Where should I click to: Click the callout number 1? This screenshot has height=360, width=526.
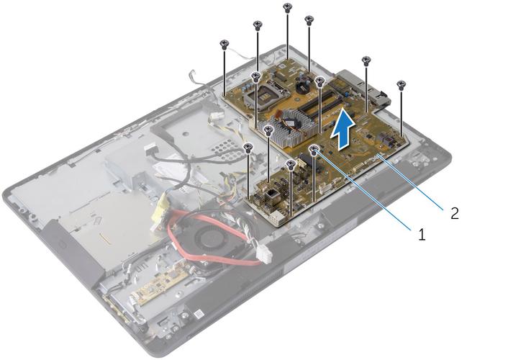click(x=422, y=234)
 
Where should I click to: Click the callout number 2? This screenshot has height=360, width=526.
click(x=455, y=213)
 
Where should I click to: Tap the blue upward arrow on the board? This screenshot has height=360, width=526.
click(x=343, y=128)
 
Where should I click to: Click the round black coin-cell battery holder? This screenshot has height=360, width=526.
click(x=303, y=86)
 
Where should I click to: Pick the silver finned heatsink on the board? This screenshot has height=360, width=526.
click(x=291, y=129)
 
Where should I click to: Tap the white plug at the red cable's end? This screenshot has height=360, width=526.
click(x=264, y=255)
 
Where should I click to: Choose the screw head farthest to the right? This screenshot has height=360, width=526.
click(x=401, y=84)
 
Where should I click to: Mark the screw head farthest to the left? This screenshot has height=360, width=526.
click(x=224, y=43)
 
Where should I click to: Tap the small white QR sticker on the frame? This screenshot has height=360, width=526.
click(x=199, y=315)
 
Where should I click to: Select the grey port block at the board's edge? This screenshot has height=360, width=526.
click(x=363, y=89)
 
